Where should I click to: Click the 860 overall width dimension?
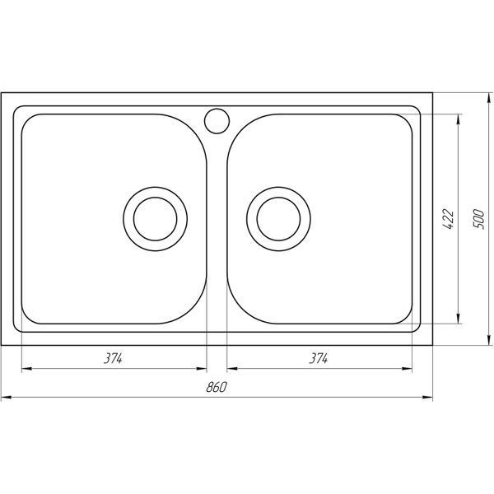pyautogui.click(x=216, y=387)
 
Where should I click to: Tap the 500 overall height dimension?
pyautogui.click(x=478, y=219)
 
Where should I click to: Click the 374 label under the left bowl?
pyautogui.click(x=113, y=358)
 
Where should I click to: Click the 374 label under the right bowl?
pyautogui.click(x=319, y=358)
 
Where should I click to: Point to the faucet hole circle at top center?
pyautogui.click(x=217, y=121)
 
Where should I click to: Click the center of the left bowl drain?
pyautogui.click(x=156, y=219)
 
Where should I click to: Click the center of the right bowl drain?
pyautogui.click(x=278, y=219)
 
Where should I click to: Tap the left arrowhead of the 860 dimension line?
pyautogui.click(x=7, y=398)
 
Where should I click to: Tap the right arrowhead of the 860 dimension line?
pyautogui.click(x=427, y=398)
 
